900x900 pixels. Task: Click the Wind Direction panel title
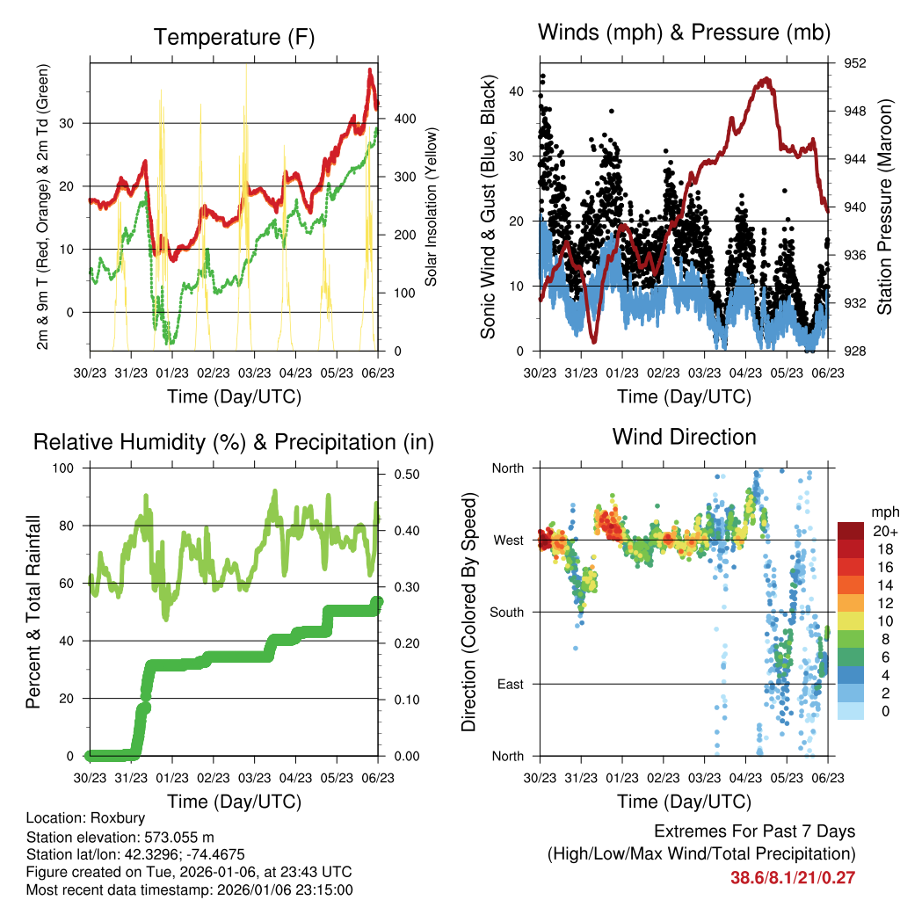point(684,436)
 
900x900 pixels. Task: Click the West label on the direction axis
point(508,540)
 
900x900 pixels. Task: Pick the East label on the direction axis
point(510,684)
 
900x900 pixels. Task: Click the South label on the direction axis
point(506,612)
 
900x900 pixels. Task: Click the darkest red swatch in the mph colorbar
point(851,531)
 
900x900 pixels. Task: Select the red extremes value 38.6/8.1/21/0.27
point(793,877)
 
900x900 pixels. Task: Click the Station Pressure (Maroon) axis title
point(884,206)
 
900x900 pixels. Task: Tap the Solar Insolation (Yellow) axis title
point(432,207)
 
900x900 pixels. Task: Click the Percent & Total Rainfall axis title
point(32,613)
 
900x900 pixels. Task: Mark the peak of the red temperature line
point(370,69)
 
